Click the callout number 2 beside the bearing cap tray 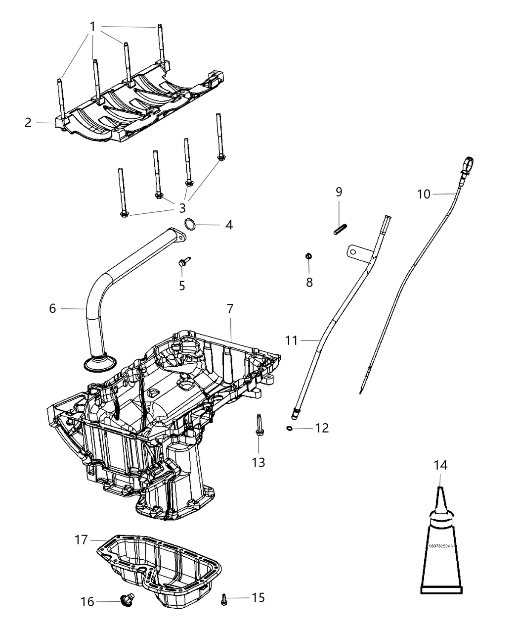pos(28,122)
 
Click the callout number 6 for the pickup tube pos(52,308)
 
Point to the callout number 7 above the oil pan pos(230,309)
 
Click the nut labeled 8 pos(308,256)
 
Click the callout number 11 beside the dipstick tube pos(292,340)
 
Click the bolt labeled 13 pos(259,427)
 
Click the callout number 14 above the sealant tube pos(440,465)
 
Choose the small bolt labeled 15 pos(224,599)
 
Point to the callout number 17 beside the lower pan pos(81,539)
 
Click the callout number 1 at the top pos(92,26)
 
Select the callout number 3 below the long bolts pos(182,208)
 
